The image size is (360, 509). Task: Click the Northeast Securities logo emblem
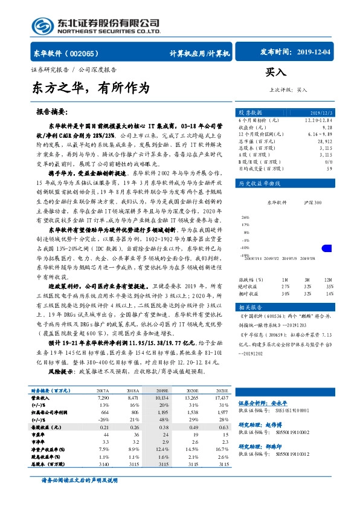(43, 25)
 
